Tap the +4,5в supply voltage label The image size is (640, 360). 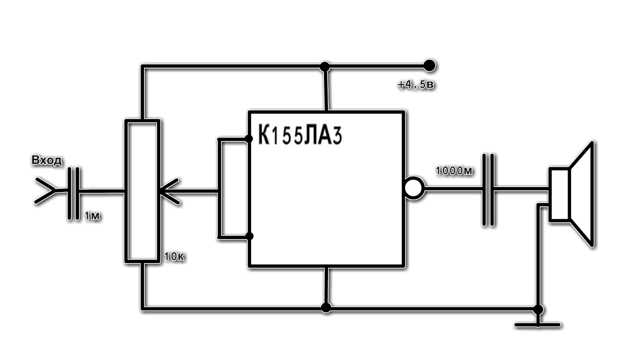click(416, 85)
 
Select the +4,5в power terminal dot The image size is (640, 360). click(429, 65)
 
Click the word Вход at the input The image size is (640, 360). click(47, 161)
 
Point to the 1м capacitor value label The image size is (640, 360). click(93, 216)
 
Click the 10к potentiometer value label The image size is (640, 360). click(174, 258)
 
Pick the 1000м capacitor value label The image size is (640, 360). click(454, 171)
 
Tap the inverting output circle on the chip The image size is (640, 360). click(414, 188)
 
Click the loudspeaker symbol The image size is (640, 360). click(572, 194)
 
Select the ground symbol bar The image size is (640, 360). click(537, 325)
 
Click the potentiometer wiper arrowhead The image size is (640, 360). click(167, 191)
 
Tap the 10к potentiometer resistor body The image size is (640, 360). click(142, 190)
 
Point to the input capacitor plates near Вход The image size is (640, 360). click(73, 191)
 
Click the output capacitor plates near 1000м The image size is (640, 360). click(489, 189)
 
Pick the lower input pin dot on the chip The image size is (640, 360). click(249, 236)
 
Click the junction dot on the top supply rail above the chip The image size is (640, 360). click(325, 66)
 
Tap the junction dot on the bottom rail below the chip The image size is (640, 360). click(326, 307)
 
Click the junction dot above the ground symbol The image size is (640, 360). click(538, 309)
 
